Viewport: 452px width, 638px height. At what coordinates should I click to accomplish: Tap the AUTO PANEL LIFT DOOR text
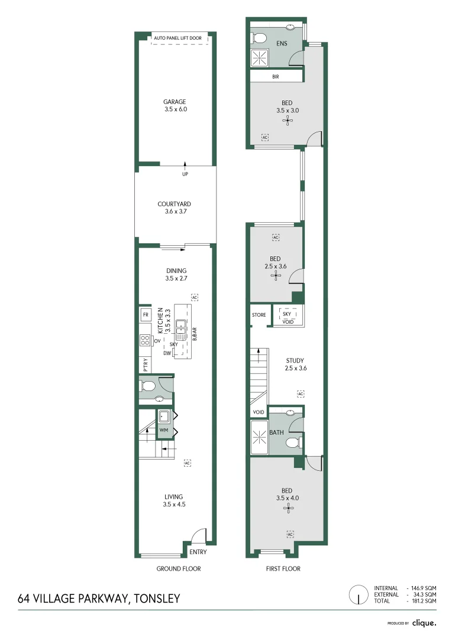[x=177, y=38]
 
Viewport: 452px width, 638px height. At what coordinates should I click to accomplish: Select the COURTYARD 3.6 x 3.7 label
[x=174, y=207]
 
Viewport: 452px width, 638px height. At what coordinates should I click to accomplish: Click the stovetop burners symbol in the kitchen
[x=145, y=340]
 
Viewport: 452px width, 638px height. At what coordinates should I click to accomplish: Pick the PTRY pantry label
[x=145, y=364]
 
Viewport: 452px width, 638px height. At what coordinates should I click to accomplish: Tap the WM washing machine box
[x=163, y=431]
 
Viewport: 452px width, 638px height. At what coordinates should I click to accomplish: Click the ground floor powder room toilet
[x=148, y=386]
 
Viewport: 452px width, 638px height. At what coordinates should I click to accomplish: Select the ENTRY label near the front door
[x=198, y=552]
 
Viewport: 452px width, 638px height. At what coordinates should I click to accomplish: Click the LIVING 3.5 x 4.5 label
[x=174, y=500]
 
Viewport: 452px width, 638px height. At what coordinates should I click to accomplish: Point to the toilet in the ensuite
[x=259, y=38]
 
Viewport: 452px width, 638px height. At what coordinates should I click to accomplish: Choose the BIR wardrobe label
[x=276, y=77]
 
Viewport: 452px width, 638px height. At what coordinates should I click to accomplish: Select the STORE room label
[x=259, y=315]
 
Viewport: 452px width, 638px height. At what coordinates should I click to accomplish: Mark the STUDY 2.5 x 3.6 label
[x=295, y=364]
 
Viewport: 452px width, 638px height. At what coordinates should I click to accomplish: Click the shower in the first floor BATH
[x=260, y=438]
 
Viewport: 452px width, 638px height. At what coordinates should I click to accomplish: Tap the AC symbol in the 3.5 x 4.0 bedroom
[x=290, y=534]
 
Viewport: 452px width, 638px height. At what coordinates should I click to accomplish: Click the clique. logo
[x=424, y=623]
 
